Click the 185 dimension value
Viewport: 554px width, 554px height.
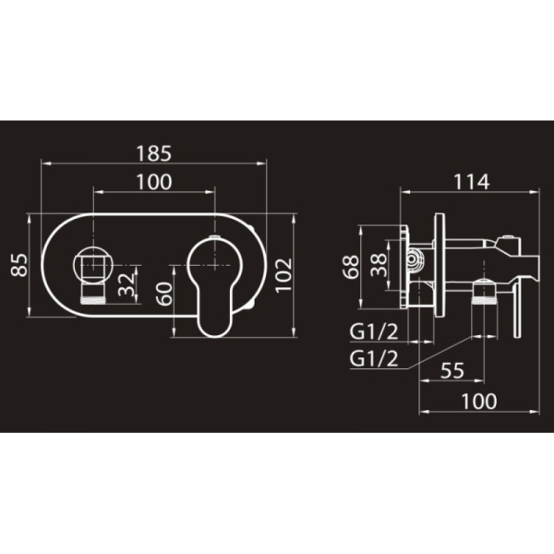153,153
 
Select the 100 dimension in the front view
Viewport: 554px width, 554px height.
154,182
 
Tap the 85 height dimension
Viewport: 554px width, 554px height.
19,265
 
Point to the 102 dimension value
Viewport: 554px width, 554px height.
283,275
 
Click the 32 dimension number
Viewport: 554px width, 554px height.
126,284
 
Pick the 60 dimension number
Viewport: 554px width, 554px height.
164,294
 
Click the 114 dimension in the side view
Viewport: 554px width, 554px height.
471,182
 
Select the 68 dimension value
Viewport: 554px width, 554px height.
351,267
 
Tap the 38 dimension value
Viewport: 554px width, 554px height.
379,265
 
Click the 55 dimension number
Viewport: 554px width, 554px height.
452,370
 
